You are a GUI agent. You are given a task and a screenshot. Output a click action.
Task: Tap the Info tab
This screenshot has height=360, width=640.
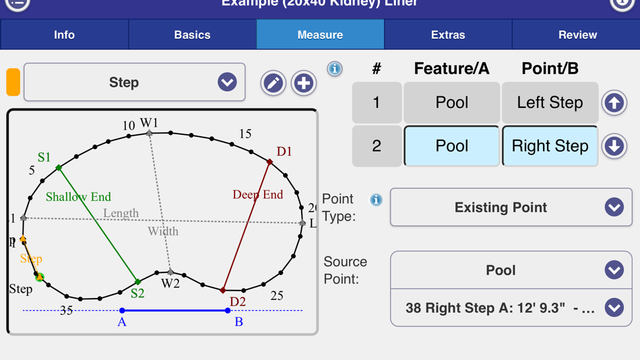(x=64, y=35)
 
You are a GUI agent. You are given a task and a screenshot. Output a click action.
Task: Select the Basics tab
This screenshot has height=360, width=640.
(x=192, y=35)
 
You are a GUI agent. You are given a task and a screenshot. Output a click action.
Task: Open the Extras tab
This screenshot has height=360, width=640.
(x=448, y=35)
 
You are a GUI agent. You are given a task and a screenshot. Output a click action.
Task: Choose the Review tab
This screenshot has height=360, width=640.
(x=577, y=35)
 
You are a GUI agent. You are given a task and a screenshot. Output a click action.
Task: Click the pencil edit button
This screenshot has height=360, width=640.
(x=273, y=83)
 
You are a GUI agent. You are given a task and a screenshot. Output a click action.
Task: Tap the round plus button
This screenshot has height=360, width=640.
(x=304, y=83)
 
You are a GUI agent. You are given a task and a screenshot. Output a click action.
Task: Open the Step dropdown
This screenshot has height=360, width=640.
(x=135, y=82)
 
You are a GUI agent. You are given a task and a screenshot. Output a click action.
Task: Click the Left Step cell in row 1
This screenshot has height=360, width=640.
(x=550, y=103)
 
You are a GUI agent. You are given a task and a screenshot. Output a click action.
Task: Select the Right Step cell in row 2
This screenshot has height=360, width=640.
(x=550, y=146)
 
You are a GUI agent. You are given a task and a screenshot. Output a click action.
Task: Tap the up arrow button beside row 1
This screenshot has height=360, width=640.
(x=614, y=103)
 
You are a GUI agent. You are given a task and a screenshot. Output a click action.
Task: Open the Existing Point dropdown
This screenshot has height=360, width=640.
(x=511, y=208)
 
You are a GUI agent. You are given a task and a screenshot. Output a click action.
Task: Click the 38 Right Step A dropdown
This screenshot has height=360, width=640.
(x=511, y=308)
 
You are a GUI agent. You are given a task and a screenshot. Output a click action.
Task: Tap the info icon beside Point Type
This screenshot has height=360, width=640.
(x=376, y=200)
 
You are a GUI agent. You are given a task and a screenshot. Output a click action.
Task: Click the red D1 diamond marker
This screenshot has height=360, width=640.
(x=270, y=162)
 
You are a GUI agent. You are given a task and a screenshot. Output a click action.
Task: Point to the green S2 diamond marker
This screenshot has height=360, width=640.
(x=137, y=282)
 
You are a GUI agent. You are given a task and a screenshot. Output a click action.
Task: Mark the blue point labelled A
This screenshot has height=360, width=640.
(x=122, y=311)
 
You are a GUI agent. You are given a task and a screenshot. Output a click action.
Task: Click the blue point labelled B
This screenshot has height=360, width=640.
(x=228, y=311)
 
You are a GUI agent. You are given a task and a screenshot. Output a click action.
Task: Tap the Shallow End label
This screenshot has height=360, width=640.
(x=78, y=197)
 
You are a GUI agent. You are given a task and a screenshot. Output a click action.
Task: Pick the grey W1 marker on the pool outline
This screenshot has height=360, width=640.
(x=150, y=133)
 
